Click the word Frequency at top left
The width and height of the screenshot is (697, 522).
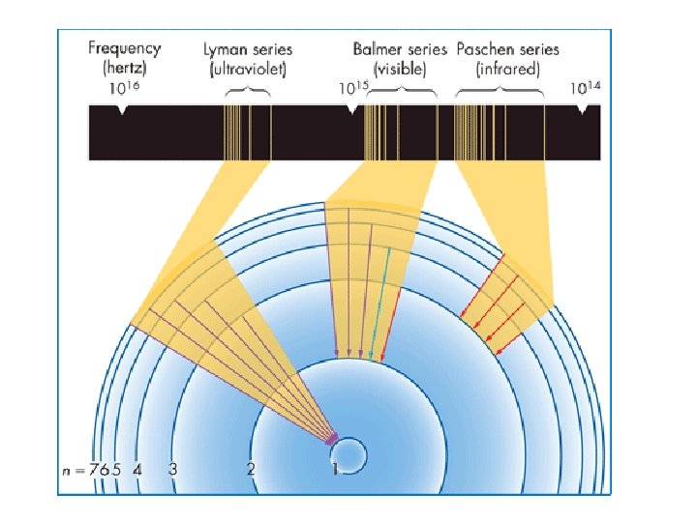pyautogui.click(x=125, y=47)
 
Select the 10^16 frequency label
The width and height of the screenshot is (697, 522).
pyautogui.click(x=121, y=88)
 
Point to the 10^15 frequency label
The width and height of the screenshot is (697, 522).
pyautogui.click(x=352, y=88)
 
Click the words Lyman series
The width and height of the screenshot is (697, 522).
pyautogui.click(x=248, y=48)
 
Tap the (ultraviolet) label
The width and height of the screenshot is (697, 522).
pyautogui.click(x=248, y=69)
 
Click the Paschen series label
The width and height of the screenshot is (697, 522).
pyautogui.click(x=504, y=48)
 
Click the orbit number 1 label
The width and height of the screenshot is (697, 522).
pyautogui.click(x=335, y=470)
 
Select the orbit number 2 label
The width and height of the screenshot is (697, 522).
pyautogui.click(x=250, y=470)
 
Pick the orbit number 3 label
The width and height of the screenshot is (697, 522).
pyautogui.click(x=172, y=470)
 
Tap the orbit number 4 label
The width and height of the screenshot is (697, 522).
pyautogui.click(x=137, y=470)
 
